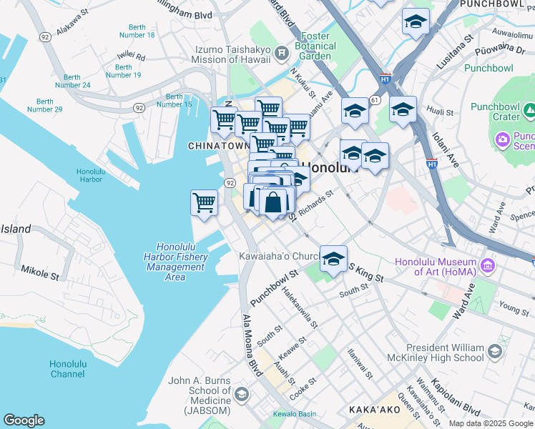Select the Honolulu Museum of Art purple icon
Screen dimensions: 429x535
pos(489,266)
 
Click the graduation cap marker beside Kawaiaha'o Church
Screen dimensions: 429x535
pos(333,260)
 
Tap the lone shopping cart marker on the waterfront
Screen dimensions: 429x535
pos(205,203)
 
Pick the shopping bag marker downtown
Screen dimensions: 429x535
pos(273,203)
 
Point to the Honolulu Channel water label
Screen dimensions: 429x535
pos(67,369)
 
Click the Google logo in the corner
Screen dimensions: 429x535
pos(24,420)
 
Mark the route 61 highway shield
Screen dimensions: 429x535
pos(374,101)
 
